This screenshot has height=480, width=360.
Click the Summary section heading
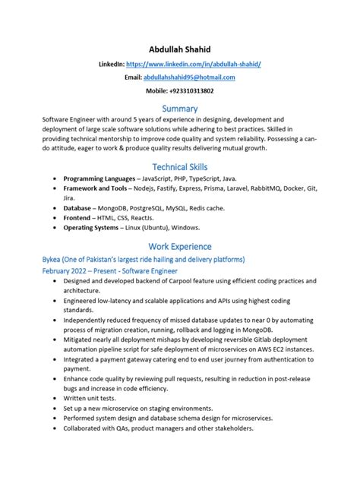[x=180, y=109]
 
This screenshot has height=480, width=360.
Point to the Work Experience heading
[x=180, y=246]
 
